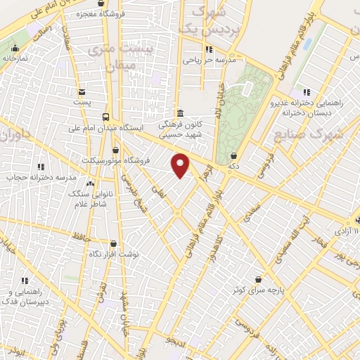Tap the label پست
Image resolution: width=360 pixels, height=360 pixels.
point(83,103)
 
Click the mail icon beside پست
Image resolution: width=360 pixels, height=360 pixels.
point(82,91)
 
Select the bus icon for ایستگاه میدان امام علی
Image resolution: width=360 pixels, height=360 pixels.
point(105,117)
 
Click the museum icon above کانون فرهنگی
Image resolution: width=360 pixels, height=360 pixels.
point(180,113)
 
